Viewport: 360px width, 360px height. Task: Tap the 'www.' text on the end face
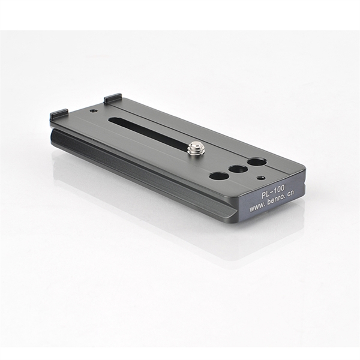pyautogui.click(x=256, y=208)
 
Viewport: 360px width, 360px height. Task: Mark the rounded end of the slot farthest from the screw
pyautogui.click(x=111, y=120)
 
